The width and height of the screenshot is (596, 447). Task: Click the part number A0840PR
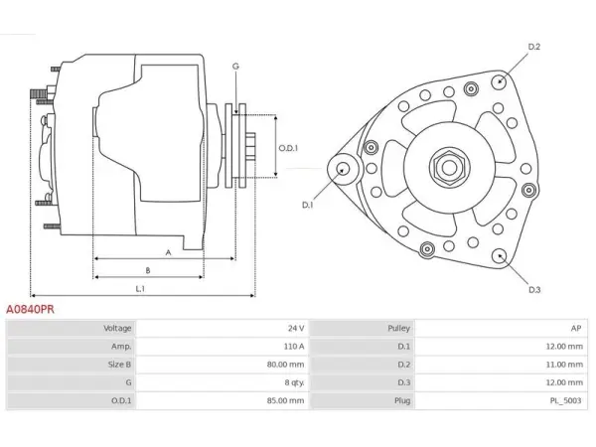(30, 309)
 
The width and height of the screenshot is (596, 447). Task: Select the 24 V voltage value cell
(296, 328)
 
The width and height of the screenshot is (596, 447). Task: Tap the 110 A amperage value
(294, 347)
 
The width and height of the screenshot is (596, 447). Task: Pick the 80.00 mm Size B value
(285, 365)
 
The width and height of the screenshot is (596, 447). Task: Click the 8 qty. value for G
(295, 382)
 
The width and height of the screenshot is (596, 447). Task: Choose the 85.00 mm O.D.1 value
(285, 400)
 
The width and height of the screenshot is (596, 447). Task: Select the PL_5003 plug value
(565, 400)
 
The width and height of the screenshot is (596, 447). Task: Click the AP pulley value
(576, 328)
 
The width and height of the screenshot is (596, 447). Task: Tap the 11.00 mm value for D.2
(564, 365)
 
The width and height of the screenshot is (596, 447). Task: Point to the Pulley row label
(398, 328)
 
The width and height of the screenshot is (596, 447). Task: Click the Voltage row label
(117, 328)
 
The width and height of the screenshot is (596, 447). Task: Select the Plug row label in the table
(402, 400)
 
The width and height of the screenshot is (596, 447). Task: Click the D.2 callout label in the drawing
(534, 47)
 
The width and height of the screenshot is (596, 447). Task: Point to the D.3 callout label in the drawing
(534, 290)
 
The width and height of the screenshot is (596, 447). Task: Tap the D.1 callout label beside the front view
(308, 205)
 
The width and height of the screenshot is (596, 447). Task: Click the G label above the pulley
(235, 67)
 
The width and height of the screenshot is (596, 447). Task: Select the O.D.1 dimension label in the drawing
(288, 148)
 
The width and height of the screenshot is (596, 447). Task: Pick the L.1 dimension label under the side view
(140, 289)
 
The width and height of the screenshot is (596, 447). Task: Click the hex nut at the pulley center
(449, 167)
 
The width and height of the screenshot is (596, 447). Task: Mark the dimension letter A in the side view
(169, 252)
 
